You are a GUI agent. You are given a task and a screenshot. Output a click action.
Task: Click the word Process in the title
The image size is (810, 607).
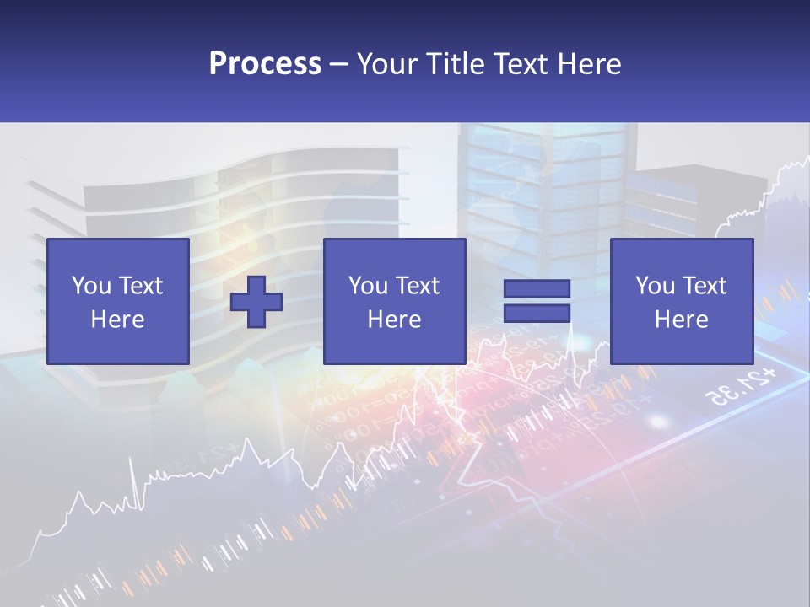pos(265,64)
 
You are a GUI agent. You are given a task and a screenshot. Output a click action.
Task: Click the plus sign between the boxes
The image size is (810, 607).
pos(256,302)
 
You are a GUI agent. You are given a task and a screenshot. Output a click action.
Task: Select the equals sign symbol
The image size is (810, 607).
pos(537,301)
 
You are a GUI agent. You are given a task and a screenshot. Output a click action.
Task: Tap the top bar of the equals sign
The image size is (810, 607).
pos(537,288)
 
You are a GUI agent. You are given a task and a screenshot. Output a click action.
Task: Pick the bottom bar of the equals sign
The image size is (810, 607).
pos(537,314)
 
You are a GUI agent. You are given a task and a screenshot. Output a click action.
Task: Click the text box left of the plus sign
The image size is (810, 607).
pos(118,301)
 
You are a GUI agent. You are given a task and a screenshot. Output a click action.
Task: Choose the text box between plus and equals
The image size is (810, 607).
pos(395,301)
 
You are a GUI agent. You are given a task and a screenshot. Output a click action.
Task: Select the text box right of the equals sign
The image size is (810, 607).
pos(682,301)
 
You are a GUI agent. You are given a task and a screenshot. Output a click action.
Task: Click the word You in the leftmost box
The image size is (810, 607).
pos(90,286)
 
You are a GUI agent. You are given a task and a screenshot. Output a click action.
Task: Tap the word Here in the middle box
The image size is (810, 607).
pos(395,320)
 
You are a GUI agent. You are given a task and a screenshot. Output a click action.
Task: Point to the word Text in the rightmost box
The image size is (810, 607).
pos(704,286)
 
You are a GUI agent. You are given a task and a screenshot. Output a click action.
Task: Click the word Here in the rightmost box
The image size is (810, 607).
pos(682,320)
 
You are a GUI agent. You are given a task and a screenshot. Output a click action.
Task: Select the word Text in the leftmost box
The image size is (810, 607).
pos(140,286)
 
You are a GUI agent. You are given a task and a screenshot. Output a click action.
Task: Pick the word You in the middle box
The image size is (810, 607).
pos(367,286)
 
